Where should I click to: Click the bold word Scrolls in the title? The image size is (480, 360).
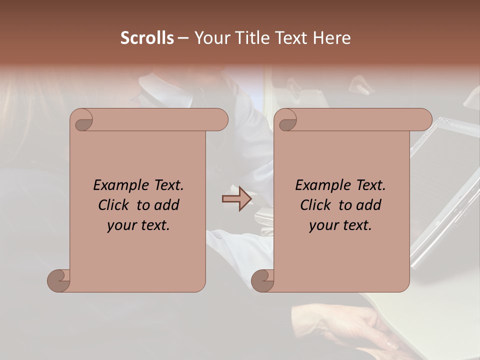(x=147, y=38)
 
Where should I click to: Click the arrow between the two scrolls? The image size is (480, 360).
(x=236, y=199)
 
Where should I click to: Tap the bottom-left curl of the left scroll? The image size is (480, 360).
(x=59, y=280)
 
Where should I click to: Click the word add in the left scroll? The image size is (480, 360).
(x=167, y=205)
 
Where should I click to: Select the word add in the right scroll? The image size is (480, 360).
(x=369, y=205)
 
